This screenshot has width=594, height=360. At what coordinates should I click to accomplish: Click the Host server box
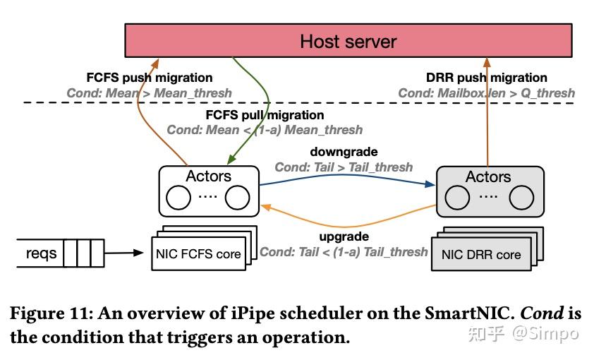tap(348, 40)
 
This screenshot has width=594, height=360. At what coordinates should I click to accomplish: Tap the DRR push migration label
tap(487, 78)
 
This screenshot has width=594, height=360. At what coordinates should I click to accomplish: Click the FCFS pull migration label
tap(265, 114)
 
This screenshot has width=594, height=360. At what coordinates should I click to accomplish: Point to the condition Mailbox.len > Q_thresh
tap(486, 93)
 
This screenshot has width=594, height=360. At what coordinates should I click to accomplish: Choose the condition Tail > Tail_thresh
tap(344, 167)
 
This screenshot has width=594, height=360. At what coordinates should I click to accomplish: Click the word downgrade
tap(344, 152)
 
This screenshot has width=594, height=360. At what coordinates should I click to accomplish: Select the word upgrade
tap(344, 236)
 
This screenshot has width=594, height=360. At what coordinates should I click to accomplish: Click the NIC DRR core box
tap(480, 255)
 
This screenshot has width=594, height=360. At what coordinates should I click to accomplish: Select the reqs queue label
tap(40, 252)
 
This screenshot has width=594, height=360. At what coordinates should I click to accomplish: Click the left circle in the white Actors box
tap(178, 198)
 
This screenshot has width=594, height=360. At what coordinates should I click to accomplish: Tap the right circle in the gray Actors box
tap(521, 200)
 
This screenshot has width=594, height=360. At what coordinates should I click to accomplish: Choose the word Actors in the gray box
tap(487, 176)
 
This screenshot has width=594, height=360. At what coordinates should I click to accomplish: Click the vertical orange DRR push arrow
tap(487, 113)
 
